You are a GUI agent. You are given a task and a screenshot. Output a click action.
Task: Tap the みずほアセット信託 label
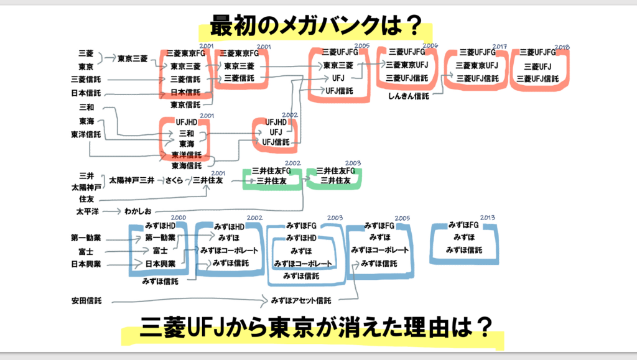300,301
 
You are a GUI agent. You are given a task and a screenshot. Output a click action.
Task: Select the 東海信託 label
186,165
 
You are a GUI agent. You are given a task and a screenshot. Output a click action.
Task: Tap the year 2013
487,218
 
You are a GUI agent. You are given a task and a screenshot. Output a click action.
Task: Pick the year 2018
562,47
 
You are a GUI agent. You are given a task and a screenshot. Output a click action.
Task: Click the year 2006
430,45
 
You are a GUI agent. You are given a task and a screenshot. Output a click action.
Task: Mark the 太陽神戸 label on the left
86,187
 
